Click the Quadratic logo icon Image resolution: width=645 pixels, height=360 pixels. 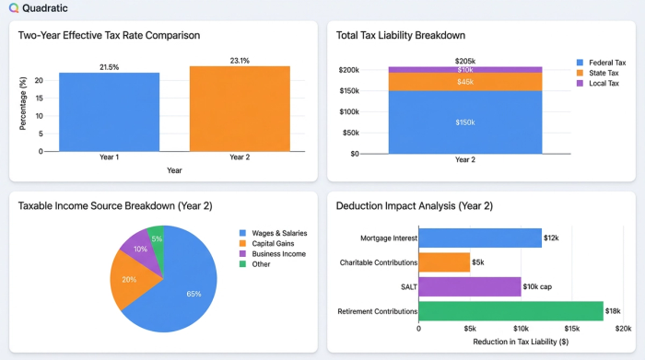click(14, 8)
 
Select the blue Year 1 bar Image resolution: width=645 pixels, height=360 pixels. click(110, 111)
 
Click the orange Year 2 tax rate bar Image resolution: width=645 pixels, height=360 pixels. click(240, 108)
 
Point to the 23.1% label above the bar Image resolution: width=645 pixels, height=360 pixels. click(240, 61)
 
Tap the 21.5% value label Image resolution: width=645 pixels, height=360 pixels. click(110, 67)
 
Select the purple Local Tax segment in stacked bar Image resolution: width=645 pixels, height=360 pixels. click(464, 70)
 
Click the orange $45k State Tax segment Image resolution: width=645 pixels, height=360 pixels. click(464, 82)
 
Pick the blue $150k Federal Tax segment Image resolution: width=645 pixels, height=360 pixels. click(464, 122)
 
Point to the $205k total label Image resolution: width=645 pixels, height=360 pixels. click(464, 61)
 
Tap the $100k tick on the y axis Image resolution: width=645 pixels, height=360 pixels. click(347, 112)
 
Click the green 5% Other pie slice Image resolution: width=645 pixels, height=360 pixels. click(157, 238)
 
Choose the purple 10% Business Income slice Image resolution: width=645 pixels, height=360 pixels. click(138, 250)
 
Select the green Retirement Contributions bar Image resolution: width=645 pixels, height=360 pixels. click(510, 312)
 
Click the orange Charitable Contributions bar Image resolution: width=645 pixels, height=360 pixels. click(444, 262)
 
